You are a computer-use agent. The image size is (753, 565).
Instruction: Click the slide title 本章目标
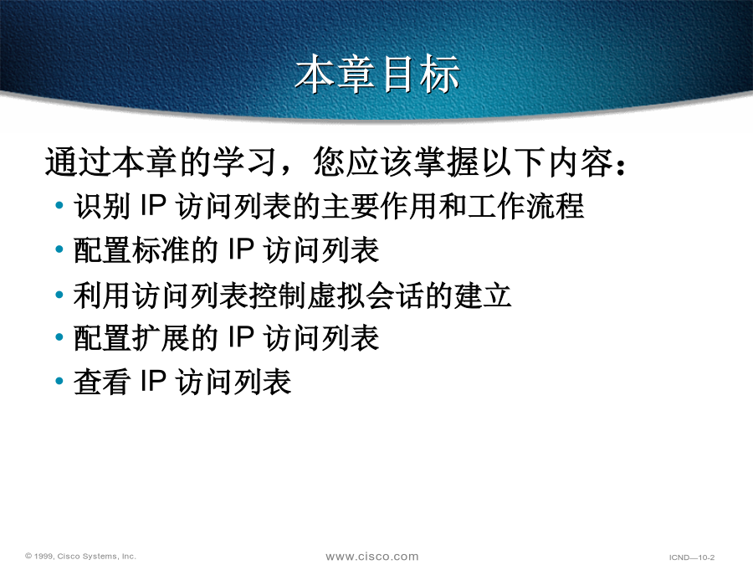(x=377, y=74)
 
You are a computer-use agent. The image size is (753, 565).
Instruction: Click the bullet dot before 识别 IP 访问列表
(x=59, y=206)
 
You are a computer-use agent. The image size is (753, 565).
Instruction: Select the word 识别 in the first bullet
(x=102, y=206)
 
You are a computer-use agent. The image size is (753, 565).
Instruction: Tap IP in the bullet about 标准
(x=240, y=249)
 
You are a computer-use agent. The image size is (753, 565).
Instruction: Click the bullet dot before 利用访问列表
(x=59, y=295)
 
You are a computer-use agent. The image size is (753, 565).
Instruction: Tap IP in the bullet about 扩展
(x=240, y=338)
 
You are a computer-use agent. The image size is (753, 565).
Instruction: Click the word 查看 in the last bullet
(x=102, y=382)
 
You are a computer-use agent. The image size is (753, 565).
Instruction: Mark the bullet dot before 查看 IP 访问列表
(x=59, y=382)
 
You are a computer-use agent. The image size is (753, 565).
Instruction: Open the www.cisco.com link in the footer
(x=372, y=557)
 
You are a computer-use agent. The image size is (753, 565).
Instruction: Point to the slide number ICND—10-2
(x=692, y=557)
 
